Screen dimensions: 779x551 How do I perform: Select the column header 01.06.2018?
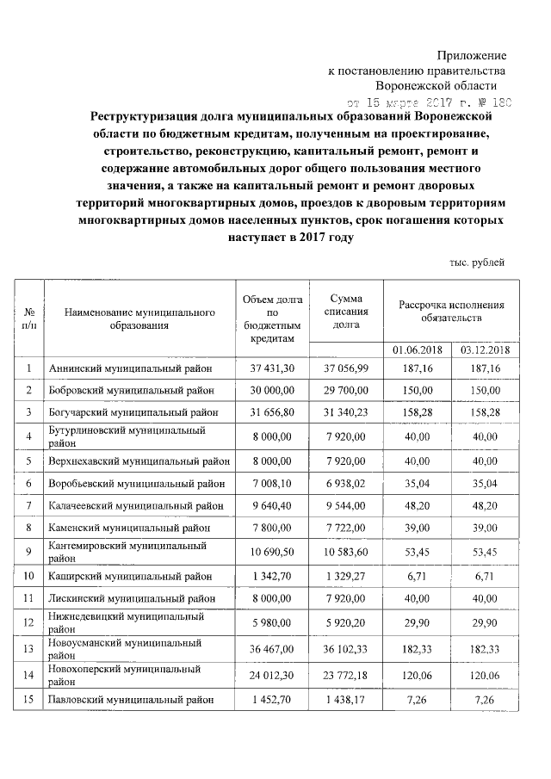click(x=417, y=350)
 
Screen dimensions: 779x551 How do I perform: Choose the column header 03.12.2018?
click(x=486, y=350)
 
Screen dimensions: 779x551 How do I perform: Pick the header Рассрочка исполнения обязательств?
click(x=451, y=312)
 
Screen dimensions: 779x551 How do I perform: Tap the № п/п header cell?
click(x=29, y=318)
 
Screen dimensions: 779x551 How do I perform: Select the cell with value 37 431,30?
click(x=272, y=369)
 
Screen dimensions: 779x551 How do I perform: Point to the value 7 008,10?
click(x=272, y=482)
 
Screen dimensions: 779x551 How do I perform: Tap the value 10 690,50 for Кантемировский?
click(x=272, y=550)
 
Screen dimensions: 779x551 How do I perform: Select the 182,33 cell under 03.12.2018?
click(x=486, y=650)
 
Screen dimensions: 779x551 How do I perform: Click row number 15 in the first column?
click(x=29, y=699)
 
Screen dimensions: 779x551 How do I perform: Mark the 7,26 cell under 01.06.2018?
click(x=417, y=699)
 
